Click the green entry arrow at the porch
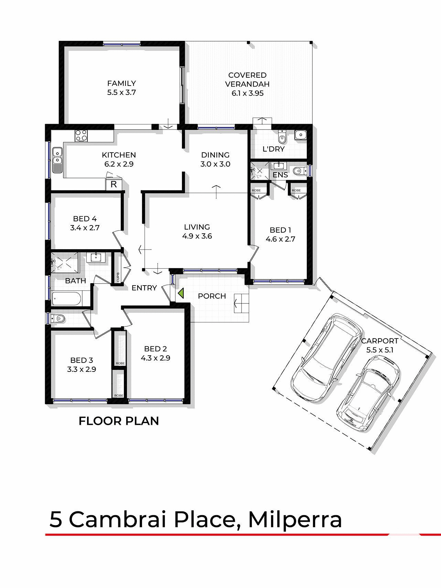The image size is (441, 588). pyautogui.click(x=181, y=293)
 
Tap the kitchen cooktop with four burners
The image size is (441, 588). pyautogui.click(x=82, y=135)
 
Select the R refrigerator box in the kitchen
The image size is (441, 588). pyautogui.click(x=114, y=184)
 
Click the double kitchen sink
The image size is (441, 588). pyautogui.click(x=57, y=160)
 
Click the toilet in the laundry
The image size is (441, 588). pyautogui.click(x=282, y=137)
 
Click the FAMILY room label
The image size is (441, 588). pyautogui.click(x=121, y=83)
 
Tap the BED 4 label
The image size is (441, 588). pyautogui.click(x=85, y=219)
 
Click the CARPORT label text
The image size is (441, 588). pyautogui.click(x=379, y=341)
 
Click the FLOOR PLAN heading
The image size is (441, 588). pyautogui.click(x=119, y=421)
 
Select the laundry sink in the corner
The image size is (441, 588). pyautogui.click(x=300, y=135)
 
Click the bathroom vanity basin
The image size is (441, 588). pyautogui.click(x=94, y=257)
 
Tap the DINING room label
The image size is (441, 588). pyautogui.click(x=215, y=155)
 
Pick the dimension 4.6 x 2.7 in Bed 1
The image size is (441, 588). pyautogui.click(x=280, y=239)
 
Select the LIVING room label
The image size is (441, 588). pyautogui.click(x=197, y=227)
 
